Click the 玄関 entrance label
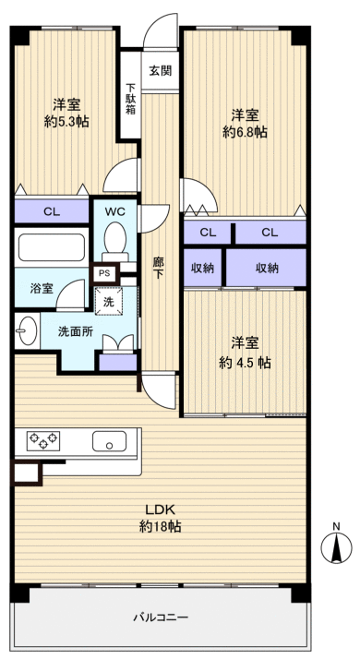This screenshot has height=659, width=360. click(160, 71)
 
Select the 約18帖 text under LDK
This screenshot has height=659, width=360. click(160, 526)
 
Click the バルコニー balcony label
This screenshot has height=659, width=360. click(160, 617)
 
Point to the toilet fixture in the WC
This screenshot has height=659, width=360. click(114, 242)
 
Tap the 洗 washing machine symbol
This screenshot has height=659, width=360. click(109, 299)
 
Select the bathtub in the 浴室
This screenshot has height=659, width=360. click(52, 248)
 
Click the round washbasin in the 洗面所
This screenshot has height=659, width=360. click(25, 329)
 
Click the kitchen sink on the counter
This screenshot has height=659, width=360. click(110, 442)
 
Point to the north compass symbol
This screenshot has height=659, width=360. click(336, 546)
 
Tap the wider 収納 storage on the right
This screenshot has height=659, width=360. click(267, 268)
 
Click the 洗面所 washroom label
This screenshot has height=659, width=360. click(76, 330)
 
